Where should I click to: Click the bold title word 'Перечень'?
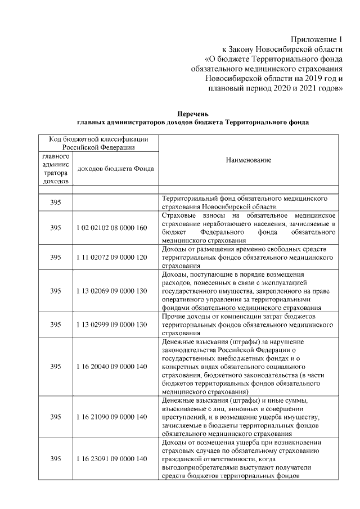(192, 112)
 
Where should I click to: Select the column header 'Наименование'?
(248, 160)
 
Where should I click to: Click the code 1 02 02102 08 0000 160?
(111, 228)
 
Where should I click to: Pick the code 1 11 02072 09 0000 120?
(111, 257)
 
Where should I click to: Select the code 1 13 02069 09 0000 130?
(111, 291)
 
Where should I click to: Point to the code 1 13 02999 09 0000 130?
(111, 325)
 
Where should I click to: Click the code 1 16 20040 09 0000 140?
(111, 366)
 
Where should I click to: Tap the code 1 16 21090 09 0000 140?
(111, 417)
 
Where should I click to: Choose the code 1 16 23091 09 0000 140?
(111, 459)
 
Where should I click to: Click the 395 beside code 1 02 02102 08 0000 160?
(56, 228)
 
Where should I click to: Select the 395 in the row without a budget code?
(56, 202)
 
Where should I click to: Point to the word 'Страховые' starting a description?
(178, 215)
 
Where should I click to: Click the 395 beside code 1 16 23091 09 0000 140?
(56, 459)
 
